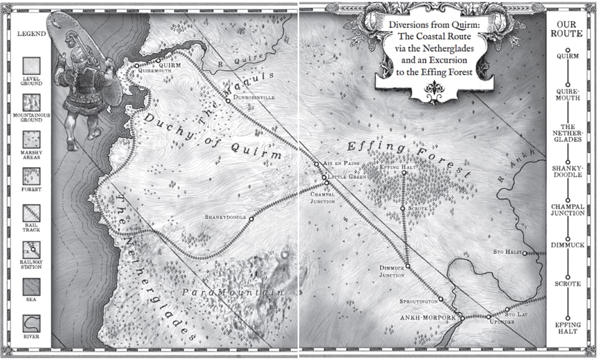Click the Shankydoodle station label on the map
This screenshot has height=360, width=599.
pos(226,217)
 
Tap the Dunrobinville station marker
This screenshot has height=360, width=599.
pos(228,101)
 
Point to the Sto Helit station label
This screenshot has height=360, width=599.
pos(506,251)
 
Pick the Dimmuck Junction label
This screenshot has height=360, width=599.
pos(392,270)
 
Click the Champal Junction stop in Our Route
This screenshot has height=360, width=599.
pos(567,210)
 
